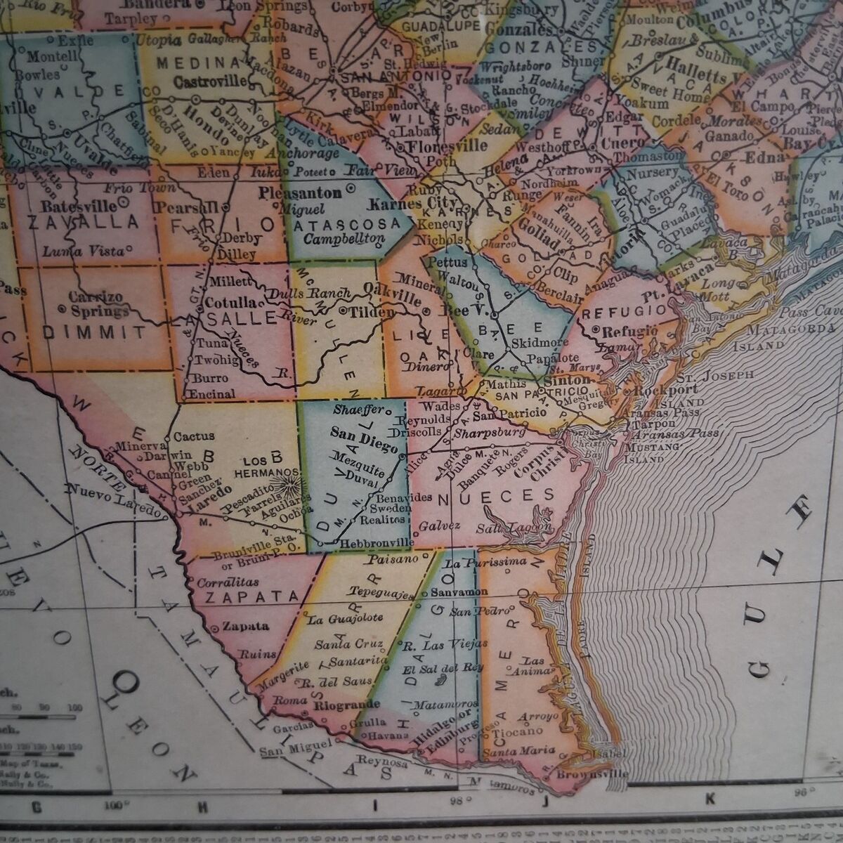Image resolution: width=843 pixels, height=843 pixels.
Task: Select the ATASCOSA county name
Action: point(346,224)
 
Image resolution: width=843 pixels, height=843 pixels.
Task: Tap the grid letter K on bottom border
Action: point(710,797)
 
